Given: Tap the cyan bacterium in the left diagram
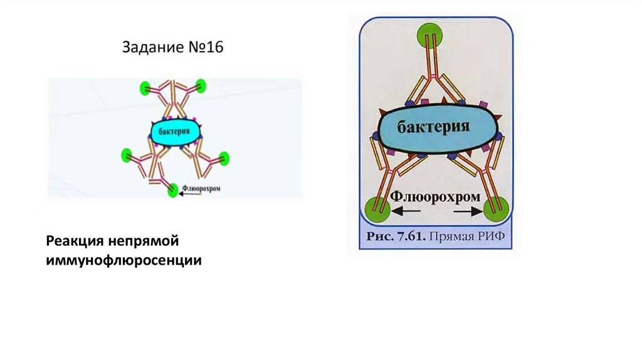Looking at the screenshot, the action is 176,132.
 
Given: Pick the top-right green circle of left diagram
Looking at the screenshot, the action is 201,85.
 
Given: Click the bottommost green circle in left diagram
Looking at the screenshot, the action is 173,191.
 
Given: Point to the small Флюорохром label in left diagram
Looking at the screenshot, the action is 202,187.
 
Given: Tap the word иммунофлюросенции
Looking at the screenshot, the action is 124,260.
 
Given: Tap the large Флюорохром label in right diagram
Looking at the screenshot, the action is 436,197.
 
